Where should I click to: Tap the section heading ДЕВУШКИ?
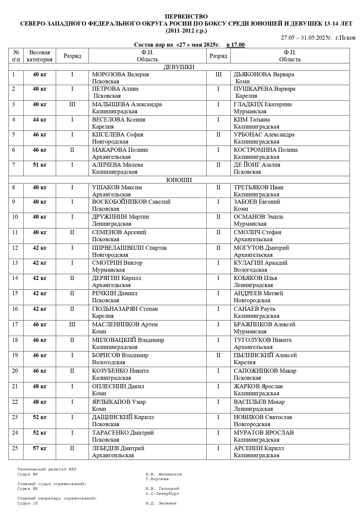(179, 67)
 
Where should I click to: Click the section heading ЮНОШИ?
(179, 180)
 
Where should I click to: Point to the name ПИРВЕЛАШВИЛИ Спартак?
(129, 248)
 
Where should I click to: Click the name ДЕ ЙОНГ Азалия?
(257, 165)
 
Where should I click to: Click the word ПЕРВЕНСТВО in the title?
(186, 17)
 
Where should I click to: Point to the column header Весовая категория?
(40, 56)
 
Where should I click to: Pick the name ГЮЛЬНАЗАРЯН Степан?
(125, 309)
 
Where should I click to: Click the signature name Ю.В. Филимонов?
(163, 474)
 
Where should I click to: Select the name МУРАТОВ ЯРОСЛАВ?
(263, 433)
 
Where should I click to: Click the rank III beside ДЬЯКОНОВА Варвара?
(218, 75)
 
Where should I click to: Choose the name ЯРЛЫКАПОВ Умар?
(119, 402)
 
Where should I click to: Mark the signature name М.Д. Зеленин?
(161, 503)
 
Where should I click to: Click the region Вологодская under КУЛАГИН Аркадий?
(250, 270)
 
